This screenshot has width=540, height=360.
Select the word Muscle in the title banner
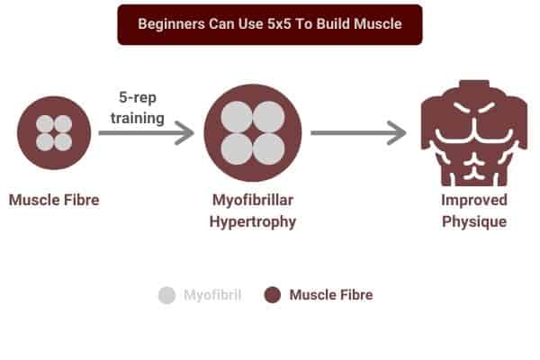(x=378, y=24)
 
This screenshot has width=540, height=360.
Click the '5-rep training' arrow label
(x=138, y=107)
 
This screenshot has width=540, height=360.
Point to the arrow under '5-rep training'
(x=147, y=132)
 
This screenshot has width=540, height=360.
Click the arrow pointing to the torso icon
(x=358, y=132)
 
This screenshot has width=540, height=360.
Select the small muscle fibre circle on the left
(x=54, y=132)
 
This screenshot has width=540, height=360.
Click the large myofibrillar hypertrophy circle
(x=253, y=133)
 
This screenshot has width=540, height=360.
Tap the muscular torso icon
(x=474, y=133)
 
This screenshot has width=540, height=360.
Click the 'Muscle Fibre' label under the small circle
(x=54, y=200)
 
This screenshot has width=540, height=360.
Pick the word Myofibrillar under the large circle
(x=253, y=200)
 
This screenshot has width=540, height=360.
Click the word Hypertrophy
(x=253, y=221)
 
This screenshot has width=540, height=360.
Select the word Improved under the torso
(x=474, y=200)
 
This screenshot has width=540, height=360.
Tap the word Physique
(x=474, y=221)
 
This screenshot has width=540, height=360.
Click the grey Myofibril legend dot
(x=167, y=295)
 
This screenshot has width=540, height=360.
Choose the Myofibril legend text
(x=212, y=295)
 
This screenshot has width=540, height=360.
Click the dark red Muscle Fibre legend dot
(x=273, y=295)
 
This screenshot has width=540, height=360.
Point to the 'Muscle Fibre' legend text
(x=331, y=295)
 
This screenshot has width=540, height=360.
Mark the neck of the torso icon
(x=474, y=85)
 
